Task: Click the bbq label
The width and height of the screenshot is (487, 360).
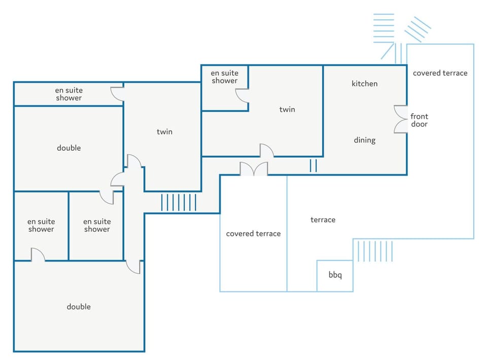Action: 335,275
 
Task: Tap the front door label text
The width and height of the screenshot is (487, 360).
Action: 419,120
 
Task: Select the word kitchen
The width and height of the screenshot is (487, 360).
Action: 364,84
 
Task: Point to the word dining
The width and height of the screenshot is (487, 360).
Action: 365,140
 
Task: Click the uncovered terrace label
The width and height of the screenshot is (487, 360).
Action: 323,220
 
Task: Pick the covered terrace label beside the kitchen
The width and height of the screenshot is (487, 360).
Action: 440,73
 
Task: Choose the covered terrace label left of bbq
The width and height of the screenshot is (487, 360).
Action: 253,234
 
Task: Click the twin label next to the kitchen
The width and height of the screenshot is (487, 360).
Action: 287,110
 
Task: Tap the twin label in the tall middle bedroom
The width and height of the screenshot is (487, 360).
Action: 164,132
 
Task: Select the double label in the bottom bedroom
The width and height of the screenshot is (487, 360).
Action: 79,307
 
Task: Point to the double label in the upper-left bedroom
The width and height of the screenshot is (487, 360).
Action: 68,148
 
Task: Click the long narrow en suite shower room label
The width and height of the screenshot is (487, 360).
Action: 68,94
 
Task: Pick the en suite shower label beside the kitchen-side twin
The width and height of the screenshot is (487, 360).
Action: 225,77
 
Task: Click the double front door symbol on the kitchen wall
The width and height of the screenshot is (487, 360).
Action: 401,119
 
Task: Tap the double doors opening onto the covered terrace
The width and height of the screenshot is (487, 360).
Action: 254,169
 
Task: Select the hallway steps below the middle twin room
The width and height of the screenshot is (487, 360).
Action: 179,203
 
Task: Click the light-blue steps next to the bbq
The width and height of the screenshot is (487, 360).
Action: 375,251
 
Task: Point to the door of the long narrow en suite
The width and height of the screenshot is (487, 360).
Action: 118,94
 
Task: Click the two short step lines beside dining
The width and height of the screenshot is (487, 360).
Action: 313,166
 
